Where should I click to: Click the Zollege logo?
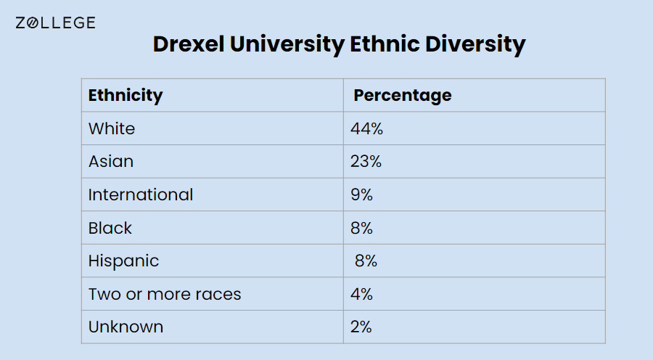(55, 23)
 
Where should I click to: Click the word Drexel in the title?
(188, 44)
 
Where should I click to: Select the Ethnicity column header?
(126, 95)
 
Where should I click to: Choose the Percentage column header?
(402, 95)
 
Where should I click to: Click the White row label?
(112, 128)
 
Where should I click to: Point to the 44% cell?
(366, 128)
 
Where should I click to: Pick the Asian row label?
(111, 161)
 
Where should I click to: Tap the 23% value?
(366, 161)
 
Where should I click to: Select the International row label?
(141, 195)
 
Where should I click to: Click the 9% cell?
(361, 195)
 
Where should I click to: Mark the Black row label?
(110, 228)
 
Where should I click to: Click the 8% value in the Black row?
(361, 228)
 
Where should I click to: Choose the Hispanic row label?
(123, 261)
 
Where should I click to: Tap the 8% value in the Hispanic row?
(366, 261)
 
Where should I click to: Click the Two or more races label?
(165, 294)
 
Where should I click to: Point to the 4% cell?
(361, 294)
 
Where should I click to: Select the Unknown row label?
(126, 327)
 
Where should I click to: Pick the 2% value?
(361, 327)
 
